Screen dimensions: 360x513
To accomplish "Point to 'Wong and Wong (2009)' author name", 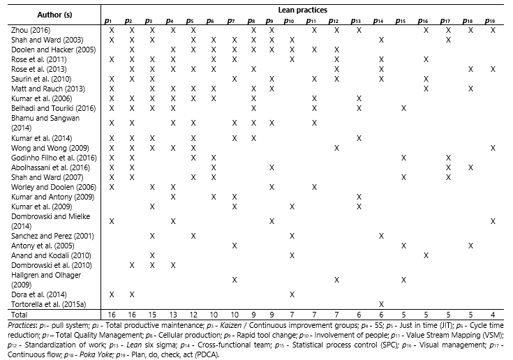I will [41, 148].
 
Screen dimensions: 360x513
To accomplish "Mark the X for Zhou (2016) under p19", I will [493, 30].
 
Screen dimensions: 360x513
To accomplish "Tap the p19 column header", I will [493, 22].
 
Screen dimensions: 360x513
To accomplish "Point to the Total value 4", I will [493, 315].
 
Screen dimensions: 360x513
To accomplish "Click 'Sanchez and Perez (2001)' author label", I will [45, 236].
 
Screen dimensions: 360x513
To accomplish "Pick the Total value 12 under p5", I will [192, 315].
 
